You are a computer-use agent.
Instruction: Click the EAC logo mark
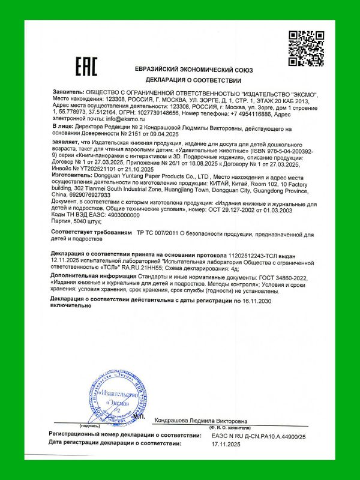tap(85, 67)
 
